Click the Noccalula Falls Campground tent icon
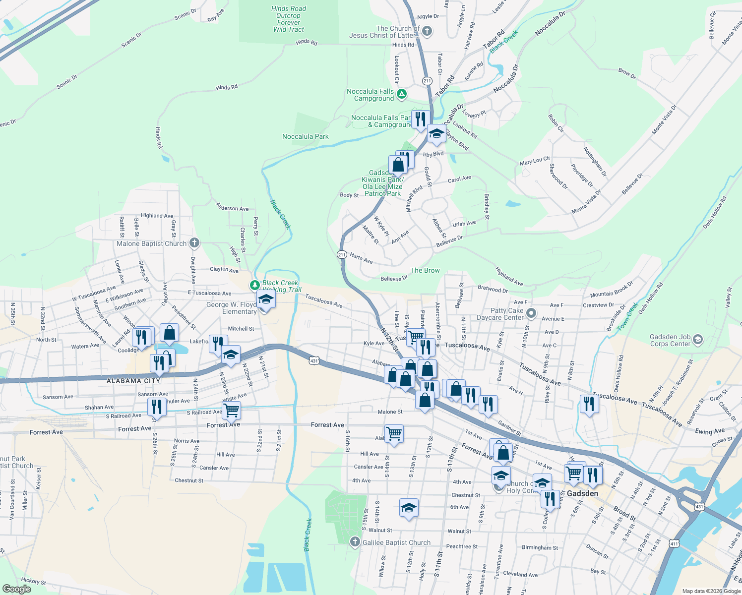(x=402, y=94)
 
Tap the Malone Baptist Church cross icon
(x=194, y=243)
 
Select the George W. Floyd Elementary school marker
(x=266, y=300)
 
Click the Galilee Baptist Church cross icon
(x=355, y=542)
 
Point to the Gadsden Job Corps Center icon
(x=698, y=340)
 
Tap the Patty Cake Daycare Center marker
(x=531, y=313)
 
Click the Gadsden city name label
(x=582, y=493)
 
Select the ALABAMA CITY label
(x=133, y=381)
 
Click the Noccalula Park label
(x=306, y=136)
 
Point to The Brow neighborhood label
(x=425, y=270)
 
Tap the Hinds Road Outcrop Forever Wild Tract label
(x=289, y=19)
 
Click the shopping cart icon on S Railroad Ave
(x=231, y=410)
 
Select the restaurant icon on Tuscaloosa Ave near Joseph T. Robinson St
(x=589, y=404)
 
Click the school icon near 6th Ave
(x=409, y=508)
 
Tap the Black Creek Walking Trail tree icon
(x=254, y=285)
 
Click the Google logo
(x=17, y=589)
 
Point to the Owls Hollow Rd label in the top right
(x=715, y=212)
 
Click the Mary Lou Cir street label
(x=535, y=161)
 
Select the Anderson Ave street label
(x=232, y=208)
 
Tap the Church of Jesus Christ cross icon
(x=427, y=32)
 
